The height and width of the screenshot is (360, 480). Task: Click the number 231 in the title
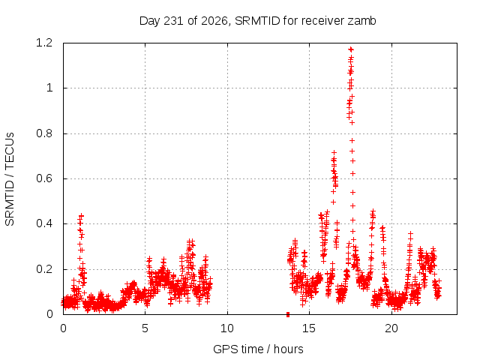tap(174, 21)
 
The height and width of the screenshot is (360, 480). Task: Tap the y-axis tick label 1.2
tap(44, 43)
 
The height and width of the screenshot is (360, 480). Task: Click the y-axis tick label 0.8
tap(44, 133)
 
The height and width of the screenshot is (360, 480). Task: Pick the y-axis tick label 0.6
tap(44, 178)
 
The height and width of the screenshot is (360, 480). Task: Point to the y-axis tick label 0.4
tap(44, 223)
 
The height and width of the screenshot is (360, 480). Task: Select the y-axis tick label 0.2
tap(44, 269)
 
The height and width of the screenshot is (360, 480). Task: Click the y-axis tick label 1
tap(49, 88)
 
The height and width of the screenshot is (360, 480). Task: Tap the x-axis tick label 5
tap(145, 328)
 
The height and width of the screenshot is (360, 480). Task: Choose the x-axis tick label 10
tap(227, 328)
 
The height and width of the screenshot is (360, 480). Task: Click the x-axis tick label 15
tap(309, 328)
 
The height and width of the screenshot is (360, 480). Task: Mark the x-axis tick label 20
tap(391, 328)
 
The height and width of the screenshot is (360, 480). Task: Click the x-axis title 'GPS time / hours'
tap(258, 349)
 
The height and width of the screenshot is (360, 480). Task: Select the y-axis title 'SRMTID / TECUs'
tap(10, 179)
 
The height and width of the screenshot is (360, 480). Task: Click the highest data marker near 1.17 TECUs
tap(351, 49)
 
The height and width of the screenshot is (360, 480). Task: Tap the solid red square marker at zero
tap(288, 314)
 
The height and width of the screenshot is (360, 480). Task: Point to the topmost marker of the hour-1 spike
tap(81, 215)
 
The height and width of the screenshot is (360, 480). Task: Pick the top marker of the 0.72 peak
tap(334, 152)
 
